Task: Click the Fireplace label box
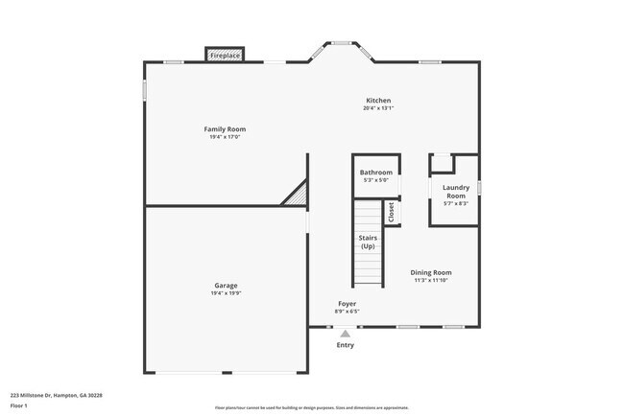[x=226, y=57]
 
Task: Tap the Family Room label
[x=225, y=129]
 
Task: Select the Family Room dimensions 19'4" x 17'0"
[x=225, y=137]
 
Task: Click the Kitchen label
[x=378, y=101]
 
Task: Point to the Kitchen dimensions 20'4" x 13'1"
[x=378, y=108]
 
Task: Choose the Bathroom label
[x=375, y=173]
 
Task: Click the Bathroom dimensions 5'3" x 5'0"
[x=375, y=180]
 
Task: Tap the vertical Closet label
[x=391, y=212]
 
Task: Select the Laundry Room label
[x=455, y=192]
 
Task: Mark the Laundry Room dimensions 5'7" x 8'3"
[x=455, y=203]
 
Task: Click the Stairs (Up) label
[x=368, y=242]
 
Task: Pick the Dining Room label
[x=431, y=272]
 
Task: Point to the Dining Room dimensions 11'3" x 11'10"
[x=431, y=280]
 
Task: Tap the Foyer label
[x=347, y=304]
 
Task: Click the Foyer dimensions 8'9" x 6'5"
[x=347, y=312]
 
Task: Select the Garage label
[x=226, y=285]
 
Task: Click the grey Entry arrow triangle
[x=346, y=334]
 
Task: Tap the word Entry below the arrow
[x=346, y=345]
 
